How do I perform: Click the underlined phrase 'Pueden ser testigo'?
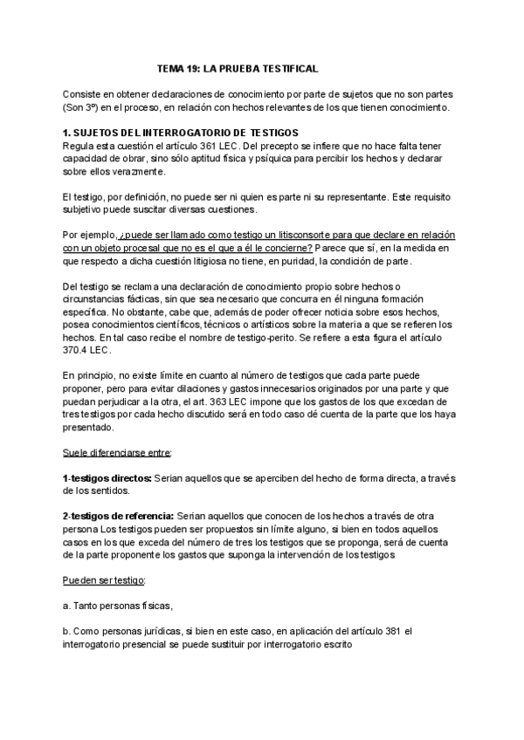(x=104, y=581)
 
